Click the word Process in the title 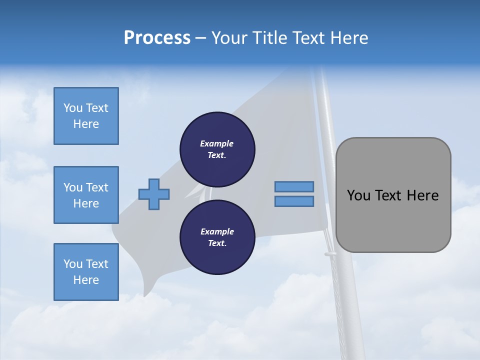click(x=157, y=38)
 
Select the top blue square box click(x=86, y=116)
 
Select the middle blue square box click(x=86, y=195)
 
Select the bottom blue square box click(x=86, y=272)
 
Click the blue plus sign click(x=154, y=194)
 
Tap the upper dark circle click(x=217, y=149)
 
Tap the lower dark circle click(x=217, y=237)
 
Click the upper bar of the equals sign click(x=294, y=186)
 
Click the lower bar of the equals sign click(x=294, y=201)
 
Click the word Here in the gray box click(x=422, y=195)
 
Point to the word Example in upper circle click(x=217, y=143)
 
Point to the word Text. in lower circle click(x=217, y=243)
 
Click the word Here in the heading click(x=348, y=38)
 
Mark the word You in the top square click(x=72, y=108)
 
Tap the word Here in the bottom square click(x=86, y=280)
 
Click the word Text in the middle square click(x=97, y=187)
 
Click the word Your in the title click(x=229, y=38)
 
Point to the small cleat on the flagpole click(x=330, y=254)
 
